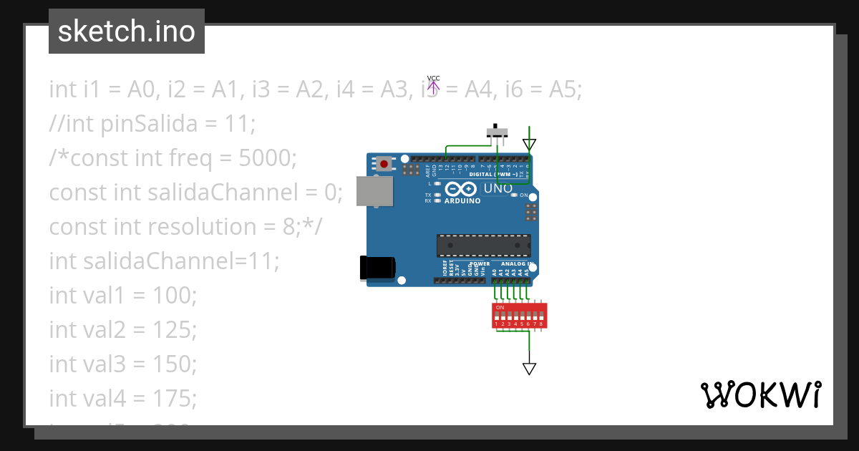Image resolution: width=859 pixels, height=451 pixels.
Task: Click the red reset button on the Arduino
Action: [x=384, y=164]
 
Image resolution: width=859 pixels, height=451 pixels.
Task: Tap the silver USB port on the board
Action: [x=375, y=191]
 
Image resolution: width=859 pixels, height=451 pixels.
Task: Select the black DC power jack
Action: [x=377, y=267]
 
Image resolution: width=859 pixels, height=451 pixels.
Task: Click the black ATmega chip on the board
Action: [x=484, y=246]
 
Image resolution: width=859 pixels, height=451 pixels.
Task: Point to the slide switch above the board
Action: [x=497, y=132]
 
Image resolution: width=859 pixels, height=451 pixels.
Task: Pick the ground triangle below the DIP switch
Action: [x=529, y=369]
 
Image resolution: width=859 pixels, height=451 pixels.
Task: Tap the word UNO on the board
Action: [x=498, y=188]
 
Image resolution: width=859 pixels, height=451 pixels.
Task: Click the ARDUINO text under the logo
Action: [x=462, y=201]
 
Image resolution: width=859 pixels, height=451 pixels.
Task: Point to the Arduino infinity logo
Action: [x=460, y=189]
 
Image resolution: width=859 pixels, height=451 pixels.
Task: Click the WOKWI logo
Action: [x=760, y=394]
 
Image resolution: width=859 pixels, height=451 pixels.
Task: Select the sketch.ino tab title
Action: [x=127, y=31]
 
